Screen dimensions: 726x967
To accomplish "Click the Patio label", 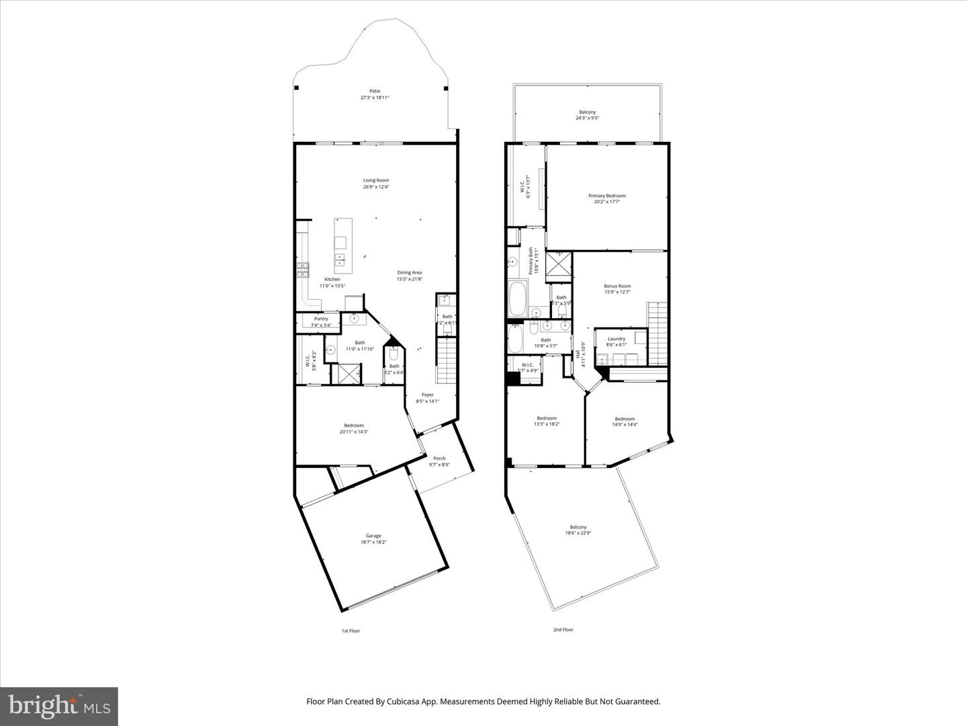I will (375, 91).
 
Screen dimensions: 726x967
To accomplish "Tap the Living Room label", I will (376, 180).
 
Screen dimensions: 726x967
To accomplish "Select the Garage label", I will (373, 536).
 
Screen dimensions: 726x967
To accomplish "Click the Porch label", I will (439, 458).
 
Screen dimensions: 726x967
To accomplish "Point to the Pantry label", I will (321, 319).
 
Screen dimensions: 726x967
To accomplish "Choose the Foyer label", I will (428, 395).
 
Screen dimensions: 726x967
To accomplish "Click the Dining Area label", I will (409, 272).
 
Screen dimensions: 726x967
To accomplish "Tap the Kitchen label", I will (332, 279).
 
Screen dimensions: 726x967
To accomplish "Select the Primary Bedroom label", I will (607, 196).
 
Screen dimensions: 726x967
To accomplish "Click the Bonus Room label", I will (617, 286).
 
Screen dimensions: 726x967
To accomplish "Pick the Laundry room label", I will (616, 339).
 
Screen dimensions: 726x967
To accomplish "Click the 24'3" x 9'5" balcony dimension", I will (587, 118).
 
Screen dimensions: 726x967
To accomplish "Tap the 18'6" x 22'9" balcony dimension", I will (578, 533).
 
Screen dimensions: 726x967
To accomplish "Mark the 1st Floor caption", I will (351, 631).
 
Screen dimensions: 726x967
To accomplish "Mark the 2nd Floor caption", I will (563, 630).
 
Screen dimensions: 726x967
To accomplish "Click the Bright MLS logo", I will (59, 706).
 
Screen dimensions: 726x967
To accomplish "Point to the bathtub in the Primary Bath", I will (518, 299).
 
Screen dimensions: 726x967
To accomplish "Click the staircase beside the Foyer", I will (447, 360).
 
